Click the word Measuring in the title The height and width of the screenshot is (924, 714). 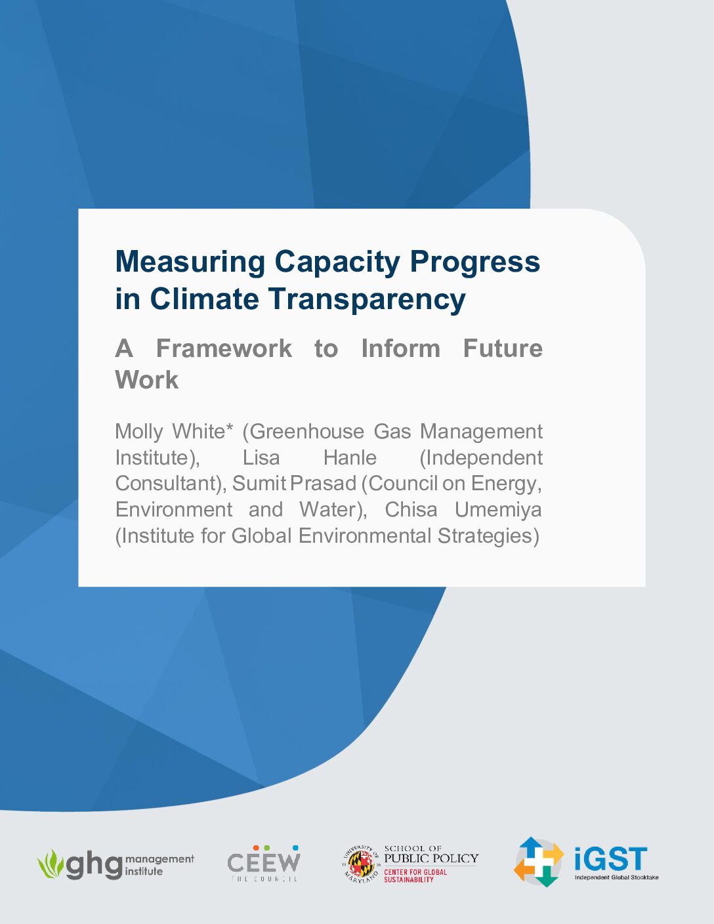pyautogui.click(x=190, y=262)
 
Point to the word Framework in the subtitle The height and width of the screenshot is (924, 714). pyautogui.click(x=224, y=348)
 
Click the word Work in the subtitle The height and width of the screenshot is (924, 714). pyautogui.click(x=147, y=380)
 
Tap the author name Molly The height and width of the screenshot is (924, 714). pyautogui.click(x=139, y=432)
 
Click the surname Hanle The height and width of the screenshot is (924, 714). pyautogui.click(x=350, y=458)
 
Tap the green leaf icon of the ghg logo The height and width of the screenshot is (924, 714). pyautogui.click(x=51, y=864)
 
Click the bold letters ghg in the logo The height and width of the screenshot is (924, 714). pyautogui.click(x=94, y=866)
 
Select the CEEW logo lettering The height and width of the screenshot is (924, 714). pyautogui.click(x=264, y=862)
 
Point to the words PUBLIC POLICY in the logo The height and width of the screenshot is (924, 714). pyautogui.click(x=431, y=858)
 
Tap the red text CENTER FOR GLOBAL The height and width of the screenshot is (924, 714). pyautogui.click(x=415, y=871)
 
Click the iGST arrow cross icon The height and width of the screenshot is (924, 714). pyautogui.click(x=539, y=862)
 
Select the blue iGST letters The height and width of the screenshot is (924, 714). pyautogui.click(x=611, y=858)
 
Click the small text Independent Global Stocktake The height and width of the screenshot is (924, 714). pyautogui.click(x=617, y=877)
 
